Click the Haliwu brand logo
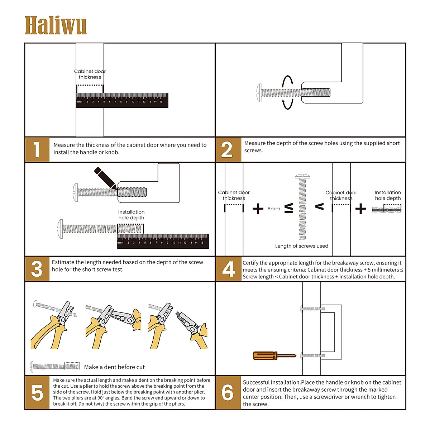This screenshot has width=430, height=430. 56,25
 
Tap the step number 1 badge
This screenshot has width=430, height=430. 37,149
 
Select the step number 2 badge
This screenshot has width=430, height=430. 228,149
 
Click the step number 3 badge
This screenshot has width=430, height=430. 37,269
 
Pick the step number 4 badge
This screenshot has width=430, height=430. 228,269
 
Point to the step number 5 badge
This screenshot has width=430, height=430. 37,392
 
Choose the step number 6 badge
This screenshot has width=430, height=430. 228,392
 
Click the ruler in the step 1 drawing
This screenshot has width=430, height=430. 122,100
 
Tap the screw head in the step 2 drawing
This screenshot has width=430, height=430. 259,92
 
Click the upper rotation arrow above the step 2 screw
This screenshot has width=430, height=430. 287,81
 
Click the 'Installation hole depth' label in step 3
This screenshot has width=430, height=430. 131,215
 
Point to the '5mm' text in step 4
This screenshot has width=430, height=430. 274,209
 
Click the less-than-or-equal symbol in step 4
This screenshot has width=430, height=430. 288,208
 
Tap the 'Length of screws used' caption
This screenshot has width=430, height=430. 301,246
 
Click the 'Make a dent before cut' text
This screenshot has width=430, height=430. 114,367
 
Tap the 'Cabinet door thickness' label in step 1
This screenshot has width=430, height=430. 90,74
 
